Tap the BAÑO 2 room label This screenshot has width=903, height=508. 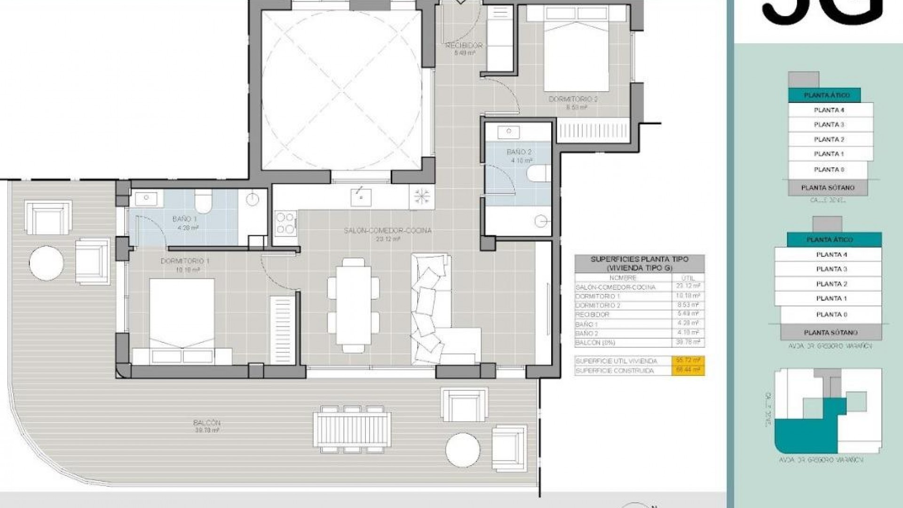pos(519,152)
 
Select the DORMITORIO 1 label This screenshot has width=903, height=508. pos(185,262)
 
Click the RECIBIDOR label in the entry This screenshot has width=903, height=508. pos(464,46)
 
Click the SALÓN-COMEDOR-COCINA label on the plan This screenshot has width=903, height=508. pos(388,231)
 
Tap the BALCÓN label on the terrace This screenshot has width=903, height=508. pos(206,423)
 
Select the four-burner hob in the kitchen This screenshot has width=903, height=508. pos(285,222)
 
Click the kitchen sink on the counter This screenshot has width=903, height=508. pos(361,197)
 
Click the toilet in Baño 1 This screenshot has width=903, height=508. pos(204,201)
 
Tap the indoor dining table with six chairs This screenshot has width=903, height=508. pos(353,305)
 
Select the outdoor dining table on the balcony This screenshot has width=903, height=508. pos(352,429)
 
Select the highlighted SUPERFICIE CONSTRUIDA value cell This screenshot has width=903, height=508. pos(687,371)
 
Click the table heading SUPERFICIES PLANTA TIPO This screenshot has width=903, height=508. pos(639,259)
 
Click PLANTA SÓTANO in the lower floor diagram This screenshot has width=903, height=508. pos(831,333)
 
